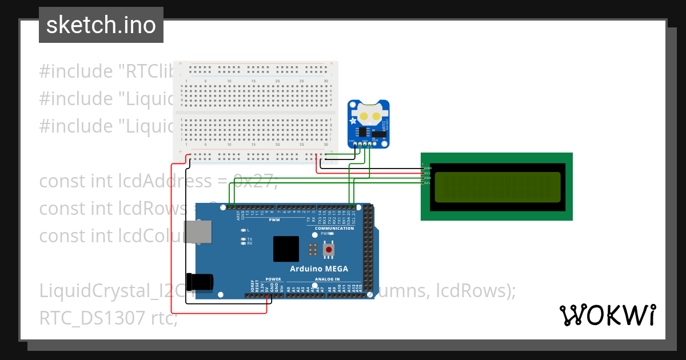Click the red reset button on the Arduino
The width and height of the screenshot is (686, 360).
pyautogui.click(x=329, y=250)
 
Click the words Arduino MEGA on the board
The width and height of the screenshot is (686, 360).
pyautogui.click(x=319, y=269)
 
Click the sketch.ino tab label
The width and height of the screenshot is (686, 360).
pyautogui.click(x=101, y=25)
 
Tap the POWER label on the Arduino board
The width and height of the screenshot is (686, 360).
pyautogui.click(x=273, y=279)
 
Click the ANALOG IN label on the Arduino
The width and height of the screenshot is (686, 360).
pyautogui.click(x=327, y=279)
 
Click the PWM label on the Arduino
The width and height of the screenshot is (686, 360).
pyautogui.click(x=275, y=219)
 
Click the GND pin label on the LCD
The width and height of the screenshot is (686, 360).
pyautogui.click(x=428, y=167)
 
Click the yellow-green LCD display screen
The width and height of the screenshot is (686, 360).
pyautogui.click(x=497, y=187)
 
